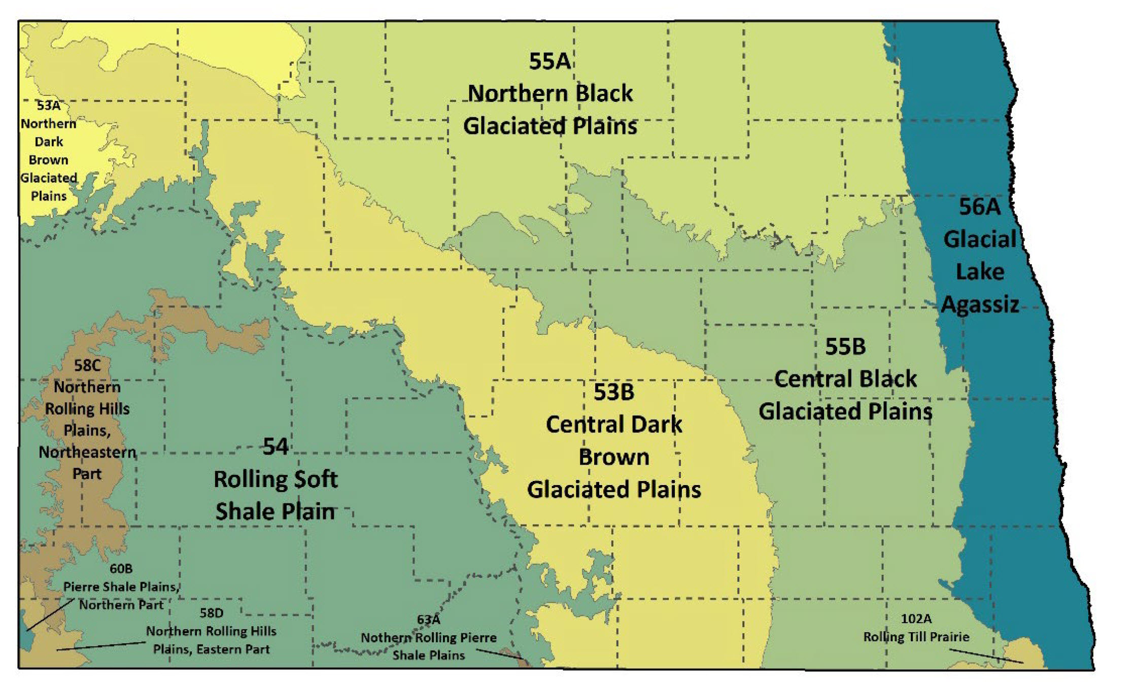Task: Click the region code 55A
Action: [550, 61]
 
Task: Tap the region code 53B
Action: [613, 392]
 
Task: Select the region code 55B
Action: [845, 347]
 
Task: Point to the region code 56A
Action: [979, 207]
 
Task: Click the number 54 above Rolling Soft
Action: [276, 446]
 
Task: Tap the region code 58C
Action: [87, 365]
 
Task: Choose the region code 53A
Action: [49, 106]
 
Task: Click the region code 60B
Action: [121, 569]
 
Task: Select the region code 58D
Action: [211, 613]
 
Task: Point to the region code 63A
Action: [428, 619]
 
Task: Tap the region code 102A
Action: [916, 619]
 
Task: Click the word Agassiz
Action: [980, 304]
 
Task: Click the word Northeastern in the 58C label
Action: [87, 452]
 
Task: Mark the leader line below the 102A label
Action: [986, 656]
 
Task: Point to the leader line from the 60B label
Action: [51, 614]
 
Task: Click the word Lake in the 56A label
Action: [980, 272]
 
